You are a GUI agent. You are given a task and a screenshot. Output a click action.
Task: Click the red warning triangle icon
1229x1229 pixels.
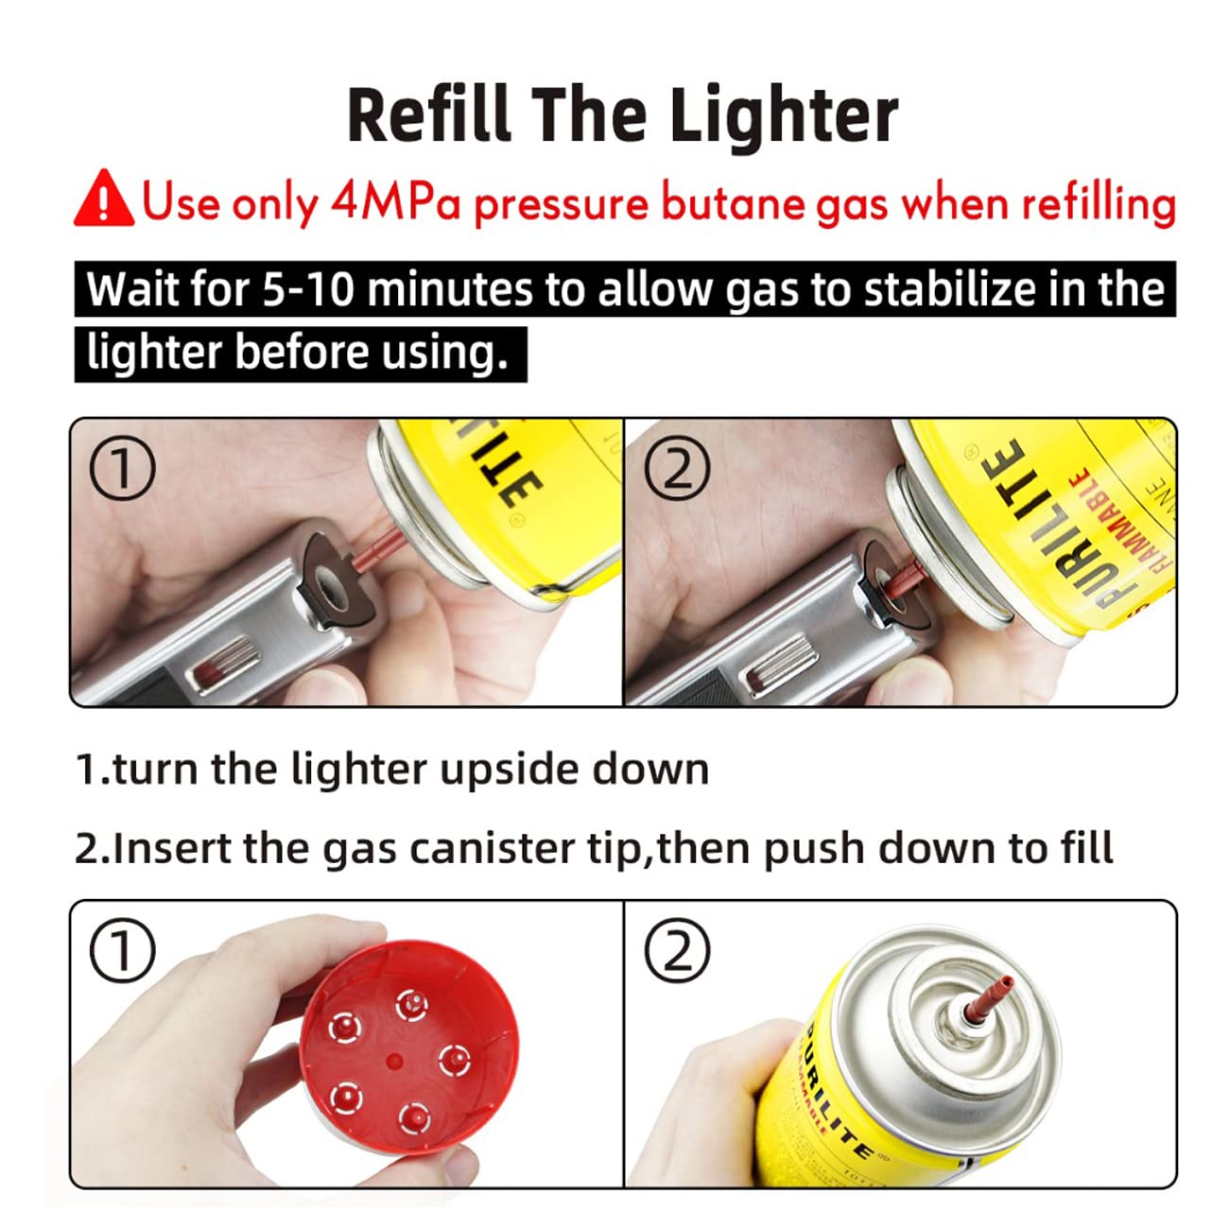(104, 199)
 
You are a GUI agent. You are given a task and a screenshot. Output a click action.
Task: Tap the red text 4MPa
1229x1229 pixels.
(395, 203)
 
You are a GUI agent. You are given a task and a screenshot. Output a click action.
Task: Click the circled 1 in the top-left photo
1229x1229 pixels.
(123, 467)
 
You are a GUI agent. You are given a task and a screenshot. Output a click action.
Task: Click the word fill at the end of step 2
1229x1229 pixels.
(1089, 848)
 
